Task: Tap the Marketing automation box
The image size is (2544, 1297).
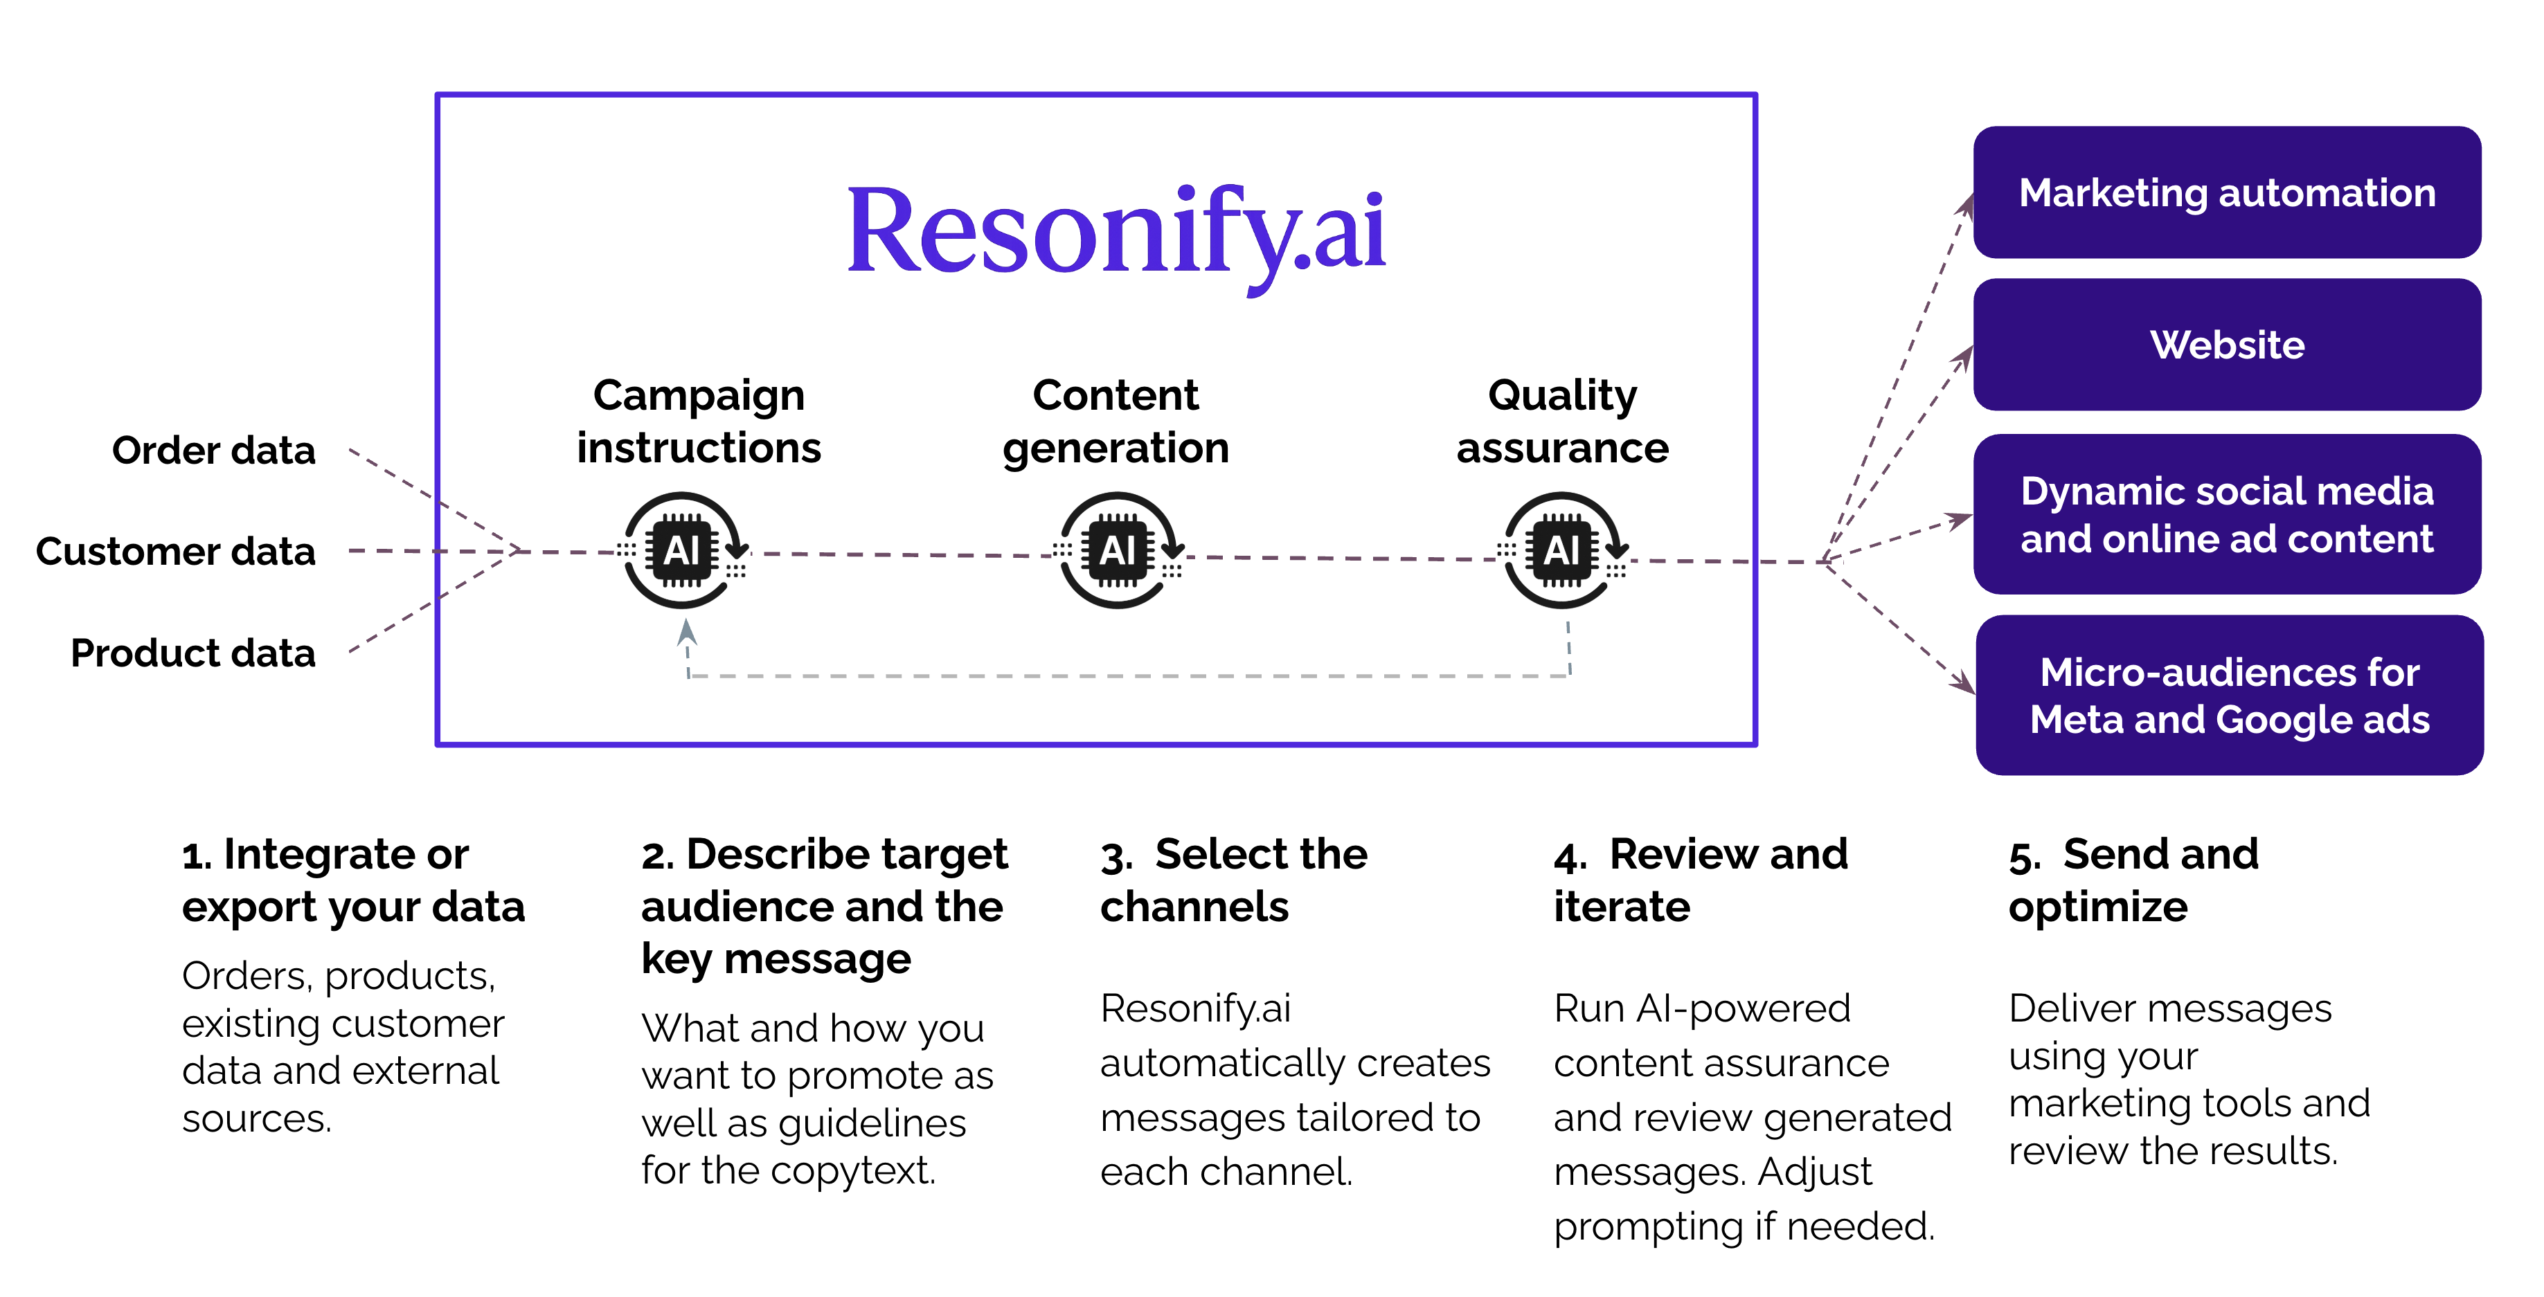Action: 2226,192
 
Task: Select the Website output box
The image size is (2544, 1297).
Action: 2226,345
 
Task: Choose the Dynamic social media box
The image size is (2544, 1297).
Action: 2226,514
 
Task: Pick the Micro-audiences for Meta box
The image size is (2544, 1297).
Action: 2228,695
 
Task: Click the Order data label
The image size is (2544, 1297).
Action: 213,450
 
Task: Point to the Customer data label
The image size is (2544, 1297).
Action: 176,551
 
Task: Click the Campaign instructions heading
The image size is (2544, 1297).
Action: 698,421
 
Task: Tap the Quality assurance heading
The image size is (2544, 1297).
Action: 1562,421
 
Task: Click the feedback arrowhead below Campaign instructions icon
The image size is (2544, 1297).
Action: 686,632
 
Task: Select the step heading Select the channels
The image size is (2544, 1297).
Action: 1233,880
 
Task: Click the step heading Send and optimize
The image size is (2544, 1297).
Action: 2133,880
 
